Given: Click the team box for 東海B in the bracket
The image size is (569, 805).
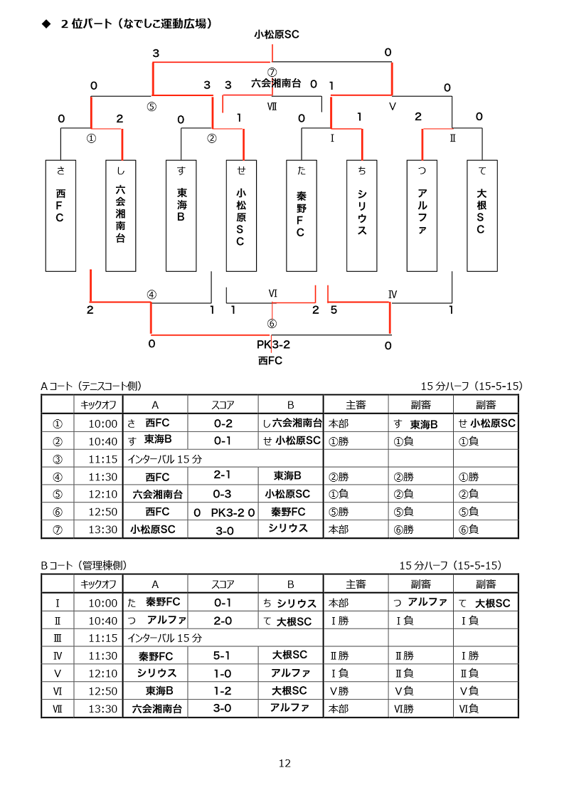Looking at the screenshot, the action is point(181,216).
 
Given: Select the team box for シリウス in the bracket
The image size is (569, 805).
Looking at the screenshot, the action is point(362,216).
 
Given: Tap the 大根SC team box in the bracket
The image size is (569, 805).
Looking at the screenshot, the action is point(482,216).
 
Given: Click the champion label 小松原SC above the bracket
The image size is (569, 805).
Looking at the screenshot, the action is point(277,34).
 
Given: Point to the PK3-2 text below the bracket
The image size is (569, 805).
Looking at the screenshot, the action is point(273,344).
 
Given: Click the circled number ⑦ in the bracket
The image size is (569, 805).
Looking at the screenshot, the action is point(272,73).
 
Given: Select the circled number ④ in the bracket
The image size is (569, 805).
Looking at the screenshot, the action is point(151,295).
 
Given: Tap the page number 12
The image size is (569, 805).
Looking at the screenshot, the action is point(284,764).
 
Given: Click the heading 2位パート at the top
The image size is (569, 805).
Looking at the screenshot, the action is point(86,23).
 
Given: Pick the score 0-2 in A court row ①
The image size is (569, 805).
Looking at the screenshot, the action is point(223,423).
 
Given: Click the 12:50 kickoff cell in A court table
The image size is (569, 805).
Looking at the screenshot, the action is point(102,512).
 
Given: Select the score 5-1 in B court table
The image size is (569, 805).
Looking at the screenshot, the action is point(222,656).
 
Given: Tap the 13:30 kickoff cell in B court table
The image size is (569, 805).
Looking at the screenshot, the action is point(102,709).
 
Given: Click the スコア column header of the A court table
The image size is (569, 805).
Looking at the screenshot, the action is point(223,405).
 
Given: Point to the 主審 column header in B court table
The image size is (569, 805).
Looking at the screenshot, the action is point(356,584).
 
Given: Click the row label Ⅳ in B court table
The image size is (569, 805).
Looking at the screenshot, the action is point(58,656).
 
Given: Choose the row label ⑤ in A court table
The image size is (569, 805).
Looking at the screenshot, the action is point(58,495).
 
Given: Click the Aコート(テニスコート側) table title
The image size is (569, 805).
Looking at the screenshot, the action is point(91,386).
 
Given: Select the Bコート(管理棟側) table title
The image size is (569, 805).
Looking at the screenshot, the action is point(84,565).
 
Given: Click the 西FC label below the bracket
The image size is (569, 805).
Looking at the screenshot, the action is point(270,361).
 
